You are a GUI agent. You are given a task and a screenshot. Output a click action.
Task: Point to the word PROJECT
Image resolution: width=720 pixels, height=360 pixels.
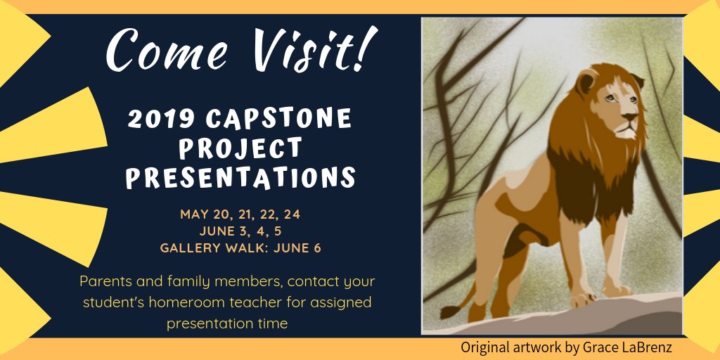[x=240, y=148]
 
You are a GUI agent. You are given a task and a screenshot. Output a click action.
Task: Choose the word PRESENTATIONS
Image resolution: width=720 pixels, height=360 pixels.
[x=240, y=177]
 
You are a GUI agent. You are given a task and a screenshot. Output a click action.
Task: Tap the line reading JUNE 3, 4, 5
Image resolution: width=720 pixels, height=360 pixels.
[x=240, y=231]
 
